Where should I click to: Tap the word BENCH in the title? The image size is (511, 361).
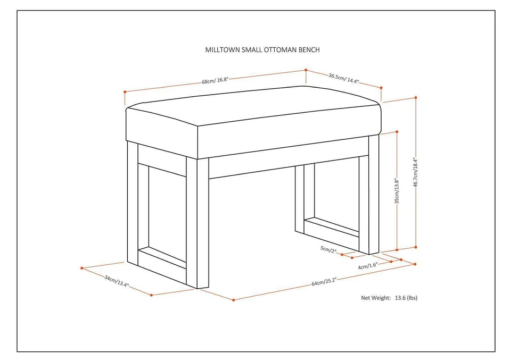click(x=309, y=50)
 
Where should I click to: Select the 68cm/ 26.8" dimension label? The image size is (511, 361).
click(x=215, y=81)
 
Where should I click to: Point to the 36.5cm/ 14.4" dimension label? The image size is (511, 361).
click(x=343, y=78)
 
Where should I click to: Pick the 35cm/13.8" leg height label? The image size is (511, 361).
click(x=397, y=192)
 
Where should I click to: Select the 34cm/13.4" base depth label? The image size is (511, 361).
click(x=116, y=281)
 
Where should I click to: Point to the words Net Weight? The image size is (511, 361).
click(x=376, y=298)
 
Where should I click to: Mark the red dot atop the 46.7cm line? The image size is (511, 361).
click(x=416, y=97)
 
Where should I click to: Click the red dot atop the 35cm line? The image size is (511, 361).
click(x=397, y=131)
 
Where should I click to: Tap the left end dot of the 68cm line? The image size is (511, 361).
click(x=124, y=91)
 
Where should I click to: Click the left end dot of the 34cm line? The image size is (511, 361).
click(x=81, y=267)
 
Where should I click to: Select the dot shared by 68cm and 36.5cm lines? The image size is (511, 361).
click(x=306, y=70)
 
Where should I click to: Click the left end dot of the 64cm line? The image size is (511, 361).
click(x=233, y=300)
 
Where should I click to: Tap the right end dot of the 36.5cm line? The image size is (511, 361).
click(x=381, y=87)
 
